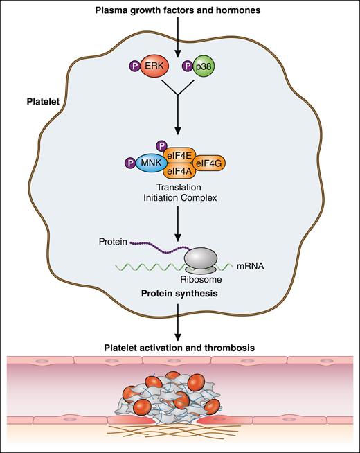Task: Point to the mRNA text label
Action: (x=244, y=264)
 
